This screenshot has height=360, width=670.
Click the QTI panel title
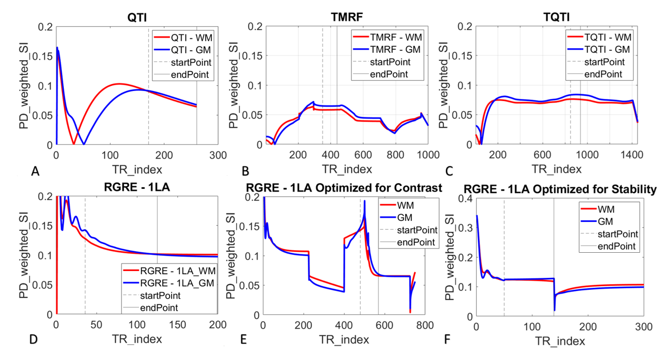tap(137, 18)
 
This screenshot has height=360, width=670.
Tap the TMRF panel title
tap(347, 17)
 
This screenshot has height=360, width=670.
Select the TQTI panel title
tap(556, 17)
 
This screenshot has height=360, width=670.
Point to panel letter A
tap(35, 171)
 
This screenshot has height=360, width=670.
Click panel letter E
tap(243, 340)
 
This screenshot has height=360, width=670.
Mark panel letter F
tap(447, 340)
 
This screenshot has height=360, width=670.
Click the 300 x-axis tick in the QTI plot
tap(218, 155)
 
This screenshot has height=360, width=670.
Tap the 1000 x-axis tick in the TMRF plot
tap(428, 154)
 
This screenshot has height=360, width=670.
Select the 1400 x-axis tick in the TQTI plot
tap(631, 154)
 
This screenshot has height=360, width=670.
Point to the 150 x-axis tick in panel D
tap(177, 325)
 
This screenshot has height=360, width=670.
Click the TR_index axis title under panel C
tap(556, 169)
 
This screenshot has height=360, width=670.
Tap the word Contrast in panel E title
tap(418, 188)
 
